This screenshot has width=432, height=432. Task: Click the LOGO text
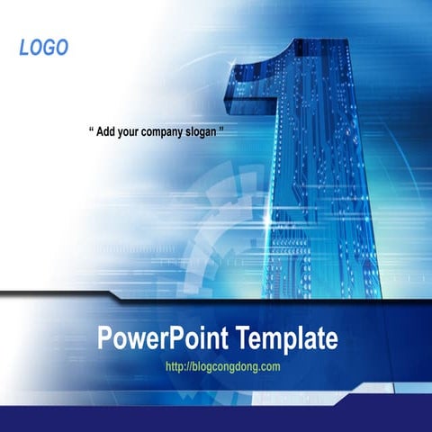pyautogui.click(x=43, y=48)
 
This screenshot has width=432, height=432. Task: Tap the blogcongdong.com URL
pyautogui.click(x=224, y=366)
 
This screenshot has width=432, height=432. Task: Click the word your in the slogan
pyautogui.click(x=128, y=131)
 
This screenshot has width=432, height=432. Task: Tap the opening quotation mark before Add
pyautogui.click(x=92, y=130)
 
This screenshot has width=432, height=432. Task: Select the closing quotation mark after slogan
pyautogui.click(x=221, y=130)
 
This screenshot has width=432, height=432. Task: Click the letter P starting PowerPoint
pyautogui.click(x=104, y=339)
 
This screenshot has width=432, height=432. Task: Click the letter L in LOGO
pyautogui.click(x=24, y=48)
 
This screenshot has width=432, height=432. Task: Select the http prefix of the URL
pyautogui.click(x=177, y=366)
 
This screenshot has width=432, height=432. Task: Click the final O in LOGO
pyautogui.click(x=61, y=48)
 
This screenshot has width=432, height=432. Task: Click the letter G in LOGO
pyautogui.click(x=49, y=48)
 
